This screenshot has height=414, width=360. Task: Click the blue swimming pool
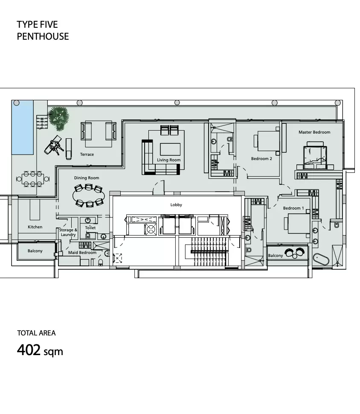[x=23, y=127]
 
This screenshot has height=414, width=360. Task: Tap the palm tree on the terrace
[x=58, y=118]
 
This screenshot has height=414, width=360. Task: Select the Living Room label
[x=168, y=160]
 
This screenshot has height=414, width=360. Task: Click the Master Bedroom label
[x=314, y=132]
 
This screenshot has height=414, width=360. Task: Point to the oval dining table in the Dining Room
[x=88, y=195]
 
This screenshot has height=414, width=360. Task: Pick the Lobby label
[x=176, y=204]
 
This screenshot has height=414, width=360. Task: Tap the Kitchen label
[x=35, y=227]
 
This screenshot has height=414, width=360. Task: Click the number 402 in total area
[x=29, y=350]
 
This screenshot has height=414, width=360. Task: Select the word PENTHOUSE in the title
[x=43, y=36]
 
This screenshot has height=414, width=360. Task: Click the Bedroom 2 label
[x=261, y=158]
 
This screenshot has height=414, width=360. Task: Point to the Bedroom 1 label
[x=293, y=208]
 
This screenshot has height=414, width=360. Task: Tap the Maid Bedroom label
[x=82, y=252]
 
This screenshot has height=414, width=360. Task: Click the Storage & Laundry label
[x=68, y=232]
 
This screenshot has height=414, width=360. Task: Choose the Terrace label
[x=87, y=154]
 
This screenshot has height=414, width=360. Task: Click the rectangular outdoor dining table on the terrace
[x=33, y=179]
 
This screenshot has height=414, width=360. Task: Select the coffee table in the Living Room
[x=170, y=149]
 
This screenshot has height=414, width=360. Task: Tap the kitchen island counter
[x=35, y=210]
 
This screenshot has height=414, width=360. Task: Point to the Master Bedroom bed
[x=314, y=156]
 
